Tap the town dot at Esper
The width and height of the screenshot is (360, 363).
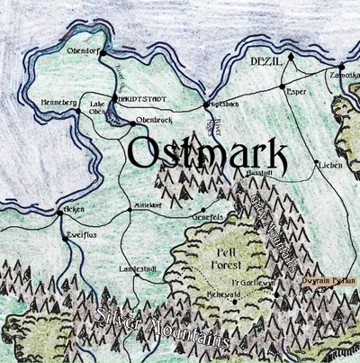282,87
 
